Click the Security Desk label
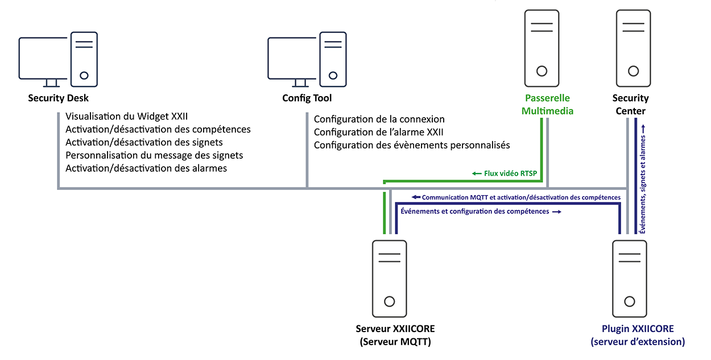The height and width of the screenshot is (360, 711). click(x=59, y=98)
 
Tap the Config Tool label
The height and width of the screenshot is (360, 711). click(x=307, y=98)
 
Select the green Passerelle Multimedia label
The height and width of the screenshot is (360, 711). click(x=547, y=105)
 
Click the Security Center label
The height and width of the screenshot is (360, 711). click(x=630, y=105)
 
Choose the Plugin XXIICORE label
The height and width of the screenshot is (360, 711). click(x=638, y=335)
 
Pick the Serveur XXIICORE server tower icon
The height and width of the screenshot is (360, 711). click(x=390, y=279)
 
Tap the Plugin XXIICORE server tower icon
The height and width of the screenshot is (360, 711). click(x=629, y=279)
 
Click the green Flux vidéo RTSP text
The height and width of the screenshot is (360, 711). click(x=511, y=173)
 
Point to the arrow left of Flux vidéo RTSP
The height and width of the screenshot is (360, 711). click(x=477, y=173)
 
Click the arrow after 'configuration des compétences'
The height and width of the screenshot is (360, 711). click(x=557, y=212)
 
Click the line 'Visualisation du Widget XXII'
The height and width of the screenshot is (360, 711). click(x=127, y=117)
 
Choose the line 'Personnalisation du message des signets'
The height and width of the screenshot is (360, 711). click(x=154, y=155)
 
